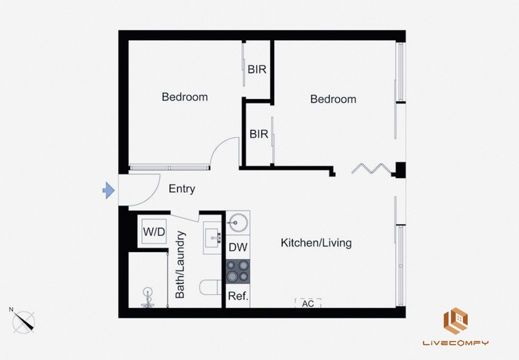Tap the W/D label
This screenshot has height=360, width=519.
(154, 232)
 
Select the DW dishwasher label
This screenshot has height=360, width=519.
(237, 247)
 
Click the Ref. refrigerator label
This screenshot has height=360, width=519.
(237, 296)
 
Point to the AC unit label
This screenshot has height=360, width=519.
(308, 303)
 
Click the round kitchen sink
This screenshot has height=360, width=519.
(238, 224)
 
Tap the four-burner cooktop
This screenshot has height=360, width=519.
(238, 271)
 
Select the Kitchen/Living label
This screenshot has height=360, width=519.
(316, 243)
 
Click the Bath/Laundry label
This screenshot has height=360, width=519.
(180, 264)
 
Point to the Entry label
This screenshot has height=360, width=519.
(182, 188)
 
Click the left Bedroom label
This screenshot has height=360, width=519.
(185, 97)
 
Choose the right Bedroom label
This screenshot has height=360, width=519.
(333, 99)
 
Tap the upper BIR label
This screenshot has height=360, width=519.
(257, 70)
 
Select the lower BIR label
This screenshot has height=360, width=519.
(259, 134)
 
